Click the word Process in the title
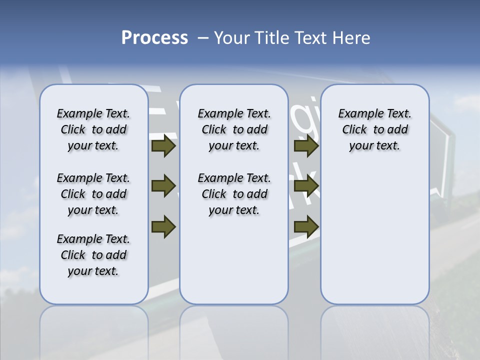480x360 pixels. coord(154,38)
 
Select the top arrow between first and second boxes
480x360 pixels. coord(163,146)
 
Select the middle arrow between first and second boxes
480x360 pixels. coord(163,185)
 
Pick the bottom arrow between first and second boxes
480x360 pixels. coord(163,226)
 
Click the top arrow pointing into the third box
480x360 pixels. coord(306,146)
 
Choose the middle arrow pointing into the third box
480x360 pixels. coord(306,185)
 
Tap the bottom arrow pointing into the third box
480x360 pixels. coord(306,226)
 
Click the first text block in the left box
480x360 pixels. coord(93,129)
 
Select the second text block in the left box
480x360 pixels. coord(93,194)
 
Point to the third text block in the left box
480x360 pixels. coord(93,255)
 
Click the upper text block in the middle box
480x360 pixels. coord(234,129)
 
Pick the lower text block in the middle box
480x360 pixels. coord(234,194)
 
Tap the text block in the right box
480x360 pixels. coord(374,129)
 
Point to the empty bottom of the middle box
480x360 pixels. coord(234,265)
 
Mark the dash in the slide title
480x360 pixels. coord(202,38)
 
